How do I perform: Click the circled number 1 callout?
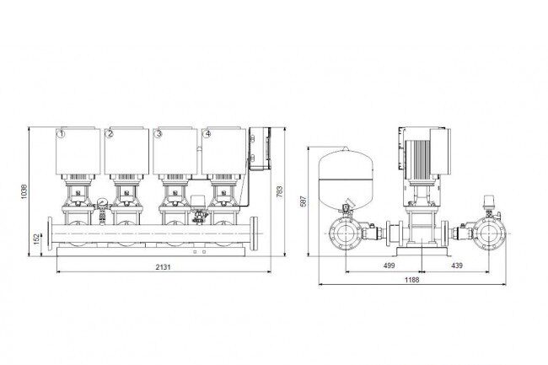click(62, 134)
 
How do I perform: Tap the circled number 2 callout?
click(110, 134)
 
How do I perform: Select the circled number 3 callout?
click(158, 134)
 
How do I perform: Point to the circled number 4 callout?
click(207, 134)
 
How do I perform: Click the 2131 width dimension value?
click(164, 267)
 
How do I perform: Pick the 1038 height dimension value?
click(24, 191)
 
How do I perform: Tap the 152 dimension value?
click(37, 239)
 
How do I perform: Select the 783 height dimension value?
click(280, 191)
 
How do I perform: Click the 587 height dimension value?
click(304, 201)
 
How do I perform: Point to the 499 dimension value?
click(389, 266)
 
